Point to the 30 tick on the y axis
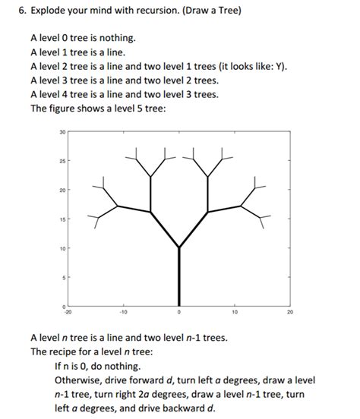pyautogui.click(x=62, y=132)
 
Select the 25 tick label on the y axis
pyautogui.click(x=62, y=161)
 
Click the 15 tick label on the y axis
pyautogui.click(x=62, y=219)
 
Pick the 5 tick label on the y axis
pyautogui.click(x=63, y=277)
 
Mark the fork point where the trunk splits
pyautogui.click(x=179, y=247)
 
